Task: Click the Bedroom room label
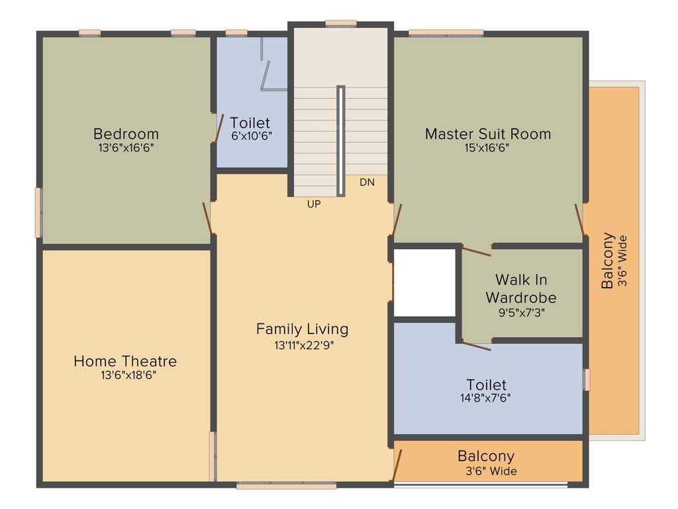click(x=126, y=133)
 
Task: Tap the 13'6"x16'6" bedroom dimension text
click(x=126, y=148)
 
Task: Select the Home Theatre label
click(x=125, y=361)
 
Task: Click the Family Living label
click(x=302, y=329)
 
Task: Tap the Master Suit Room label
click(x=487, y=133)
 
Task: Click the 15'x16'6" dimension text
click(x=487, y=148)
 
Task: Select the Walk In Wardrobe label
click(x=521, y=288)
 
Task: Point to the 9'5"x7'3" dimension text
click(x=521, y=311)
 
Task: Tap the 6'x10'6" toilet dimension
click(x=250, y=135)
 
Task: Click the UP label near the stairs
click(x=314, y=204)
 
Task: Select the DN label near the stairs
click(x=367, y=182)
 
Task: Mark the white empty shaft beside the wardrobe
click(x=424, y=282)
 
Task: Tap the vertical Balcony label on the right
click(x=607, y=260)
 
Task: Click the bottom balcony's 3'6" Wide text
click(x=490, y=471)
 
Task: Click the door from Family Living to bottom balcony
click(x=397, y=465)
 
